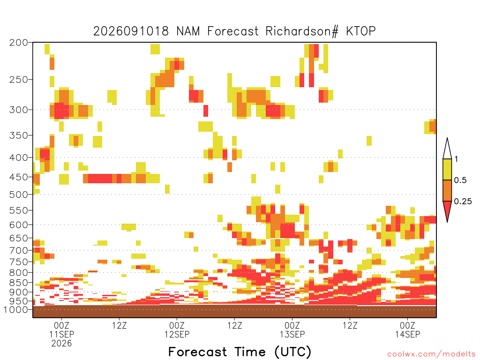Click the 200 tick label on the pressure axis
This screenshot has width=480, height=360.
[18, 43]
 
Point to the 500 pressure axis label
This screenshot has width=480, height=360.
[18, 195]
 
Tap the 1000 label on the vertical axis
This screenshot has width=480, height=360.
[16, 309]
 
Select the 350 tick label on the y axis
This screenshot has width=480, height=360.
[18, 135]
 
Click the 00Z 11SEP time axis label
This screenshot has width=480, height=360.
[61, 330]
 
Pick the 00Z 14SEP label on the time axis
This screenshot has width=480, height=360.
[407, 330]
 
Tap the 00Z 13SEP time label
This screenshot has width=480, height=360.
[292, 330]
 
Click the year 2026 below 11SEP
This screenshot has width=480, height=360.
[61, 344]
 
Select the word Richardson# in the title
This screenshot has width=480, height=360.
[301, 31]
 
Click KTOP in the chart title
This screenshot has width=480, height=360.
[361, 31]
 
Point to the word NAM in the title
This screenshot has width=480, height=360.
[188, 31]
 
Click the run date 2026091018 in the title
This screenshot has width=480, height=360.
[131, 31]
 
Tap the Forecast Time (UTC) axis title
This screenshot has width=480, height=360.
[240, 352]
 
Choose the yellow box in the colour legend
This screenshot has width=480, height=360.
[447, 169]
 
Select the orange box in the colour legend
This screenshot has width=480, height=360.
[447, 190]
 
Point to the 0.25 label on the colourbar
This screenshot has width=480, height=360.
[463, 202]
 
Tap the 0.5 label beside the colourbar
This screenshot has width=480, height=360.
[460, 180]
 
